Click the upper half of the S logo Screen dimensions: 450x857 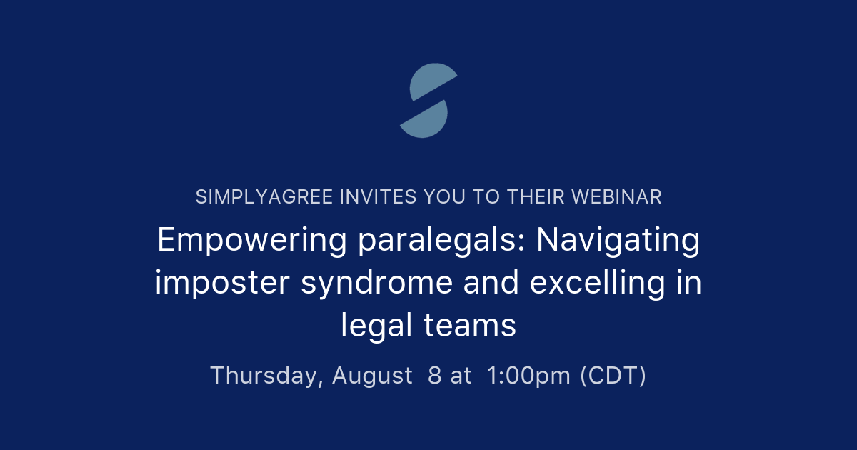coord(428,80)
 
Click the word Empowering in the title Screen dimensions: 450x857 coord(251,241)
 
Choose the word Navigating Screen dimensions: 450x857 coord(618,241)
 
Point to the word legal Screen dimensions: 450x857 coord(376,326)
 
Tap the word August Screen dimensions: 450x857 coord(372,375)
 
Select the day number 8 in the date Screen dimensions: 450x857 coord(434,375)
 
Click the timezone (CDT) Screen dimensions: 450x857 coord(613,375)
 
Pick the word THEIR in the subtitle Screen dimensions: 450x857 coord(532,197)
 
